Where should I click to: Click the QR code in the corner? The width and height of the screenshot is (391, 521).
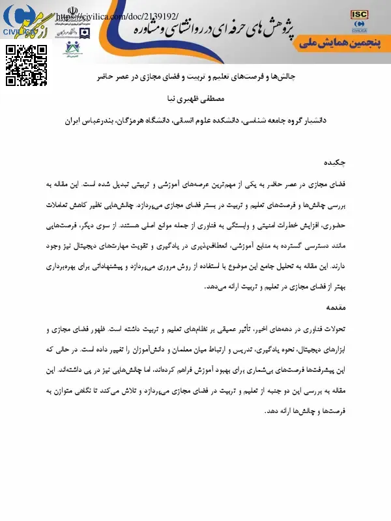(x=27, y=66)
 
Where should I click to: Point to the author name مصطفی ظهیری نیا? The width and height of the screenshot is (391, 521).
(x=195, y=100)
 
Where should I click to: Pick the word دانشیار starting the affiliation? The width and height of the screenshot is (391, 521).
(x=331, y=120)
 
